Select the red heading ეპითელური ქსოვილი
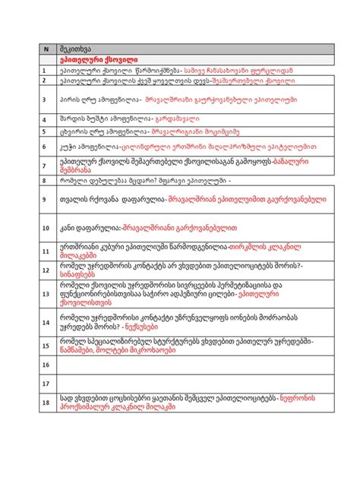[x=96, y=58]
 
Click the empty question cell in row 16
[x=190, y=365]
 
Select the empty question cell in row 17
[x=190, y=384]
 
